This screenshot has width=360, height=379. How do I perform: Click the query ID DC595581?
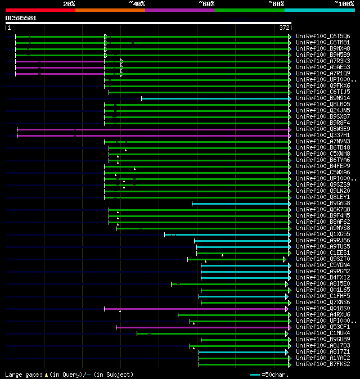click(21, 18)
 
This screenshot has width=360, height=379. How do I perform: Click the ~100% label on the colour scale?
click(343, 4)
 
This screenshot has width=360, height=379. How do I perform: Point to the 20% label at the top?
click(69, 4)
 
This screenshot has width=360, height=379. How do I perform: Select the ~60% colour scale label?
click(206, 4)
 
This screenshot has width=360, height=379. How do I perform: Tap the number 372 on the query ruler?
click(284, 27)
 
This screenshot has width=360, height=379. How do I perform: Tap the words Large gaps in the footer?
click(22, 375)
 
